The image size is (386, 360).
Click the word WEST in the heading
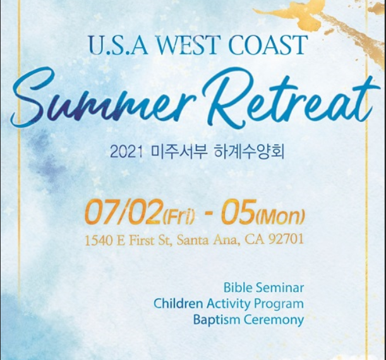187,45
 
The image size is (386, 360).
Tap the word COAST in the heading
268,45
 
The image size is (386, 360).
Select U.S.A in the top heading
119,45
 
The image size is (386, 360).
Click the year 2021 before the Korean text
126,152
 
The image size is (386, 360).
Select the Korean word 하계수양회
250,152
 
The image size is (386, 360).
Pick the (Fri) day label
179,217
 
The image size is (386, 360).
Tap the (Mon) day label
280,217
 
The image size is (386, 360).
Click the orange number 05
238,212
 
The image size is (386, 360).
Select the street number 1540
99,240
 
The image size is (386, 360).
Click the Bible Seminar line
263,287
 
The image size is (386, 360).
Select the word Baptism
217,320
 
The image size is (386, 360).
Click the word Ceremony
274,320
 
